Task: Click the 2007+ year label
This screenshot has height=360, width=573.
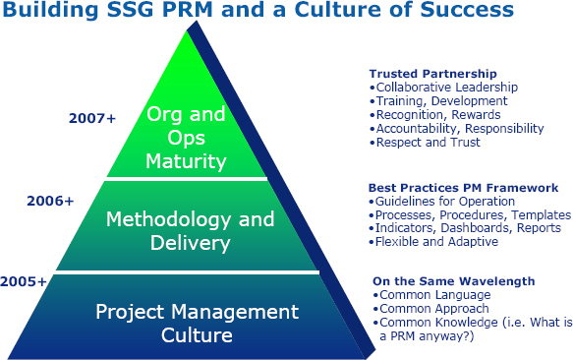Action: tap(91, 118)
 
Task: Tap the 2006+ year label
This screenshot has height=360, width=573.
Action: tap(50, 201)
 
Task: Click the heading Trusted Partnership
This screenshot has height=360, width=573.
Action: tap(432, 74)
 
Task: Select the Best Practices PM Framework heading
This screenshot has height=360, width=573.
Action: tap(463, 187)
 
